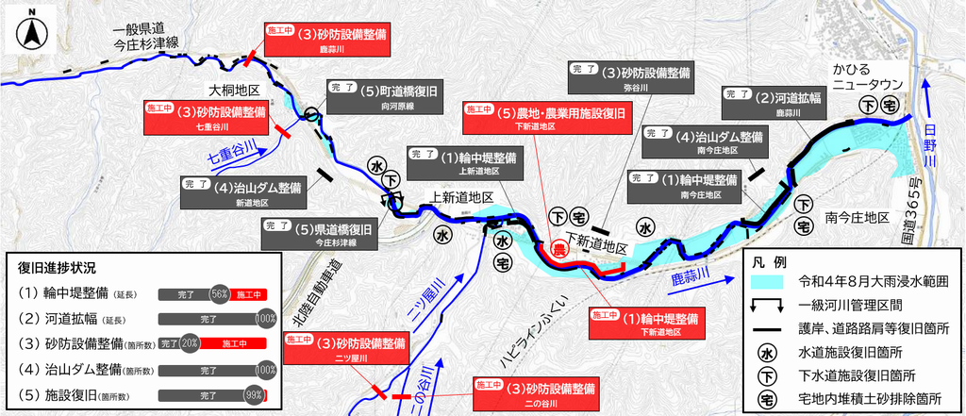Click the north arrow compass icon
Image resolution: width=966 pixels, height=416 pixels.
click(33, 29)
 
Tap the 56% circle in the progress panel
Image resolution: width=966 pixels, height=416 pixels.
click(220, 295)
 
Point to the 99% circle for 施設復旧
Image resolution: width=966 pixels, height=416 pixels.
click(254, 394)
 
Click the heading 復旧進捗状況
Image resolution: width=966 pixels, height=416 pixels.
click(57, 269)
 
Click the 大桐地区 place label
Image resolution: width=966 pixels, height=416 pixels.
click(234, 92)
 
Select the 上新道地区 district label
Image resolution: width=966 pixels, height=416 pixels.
click(462, 198)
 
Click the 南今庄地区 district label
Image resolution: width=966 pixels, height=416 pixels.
click(858, 218)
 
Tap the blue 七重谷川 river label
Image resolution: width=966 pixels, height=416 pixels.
click(230, 152)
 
